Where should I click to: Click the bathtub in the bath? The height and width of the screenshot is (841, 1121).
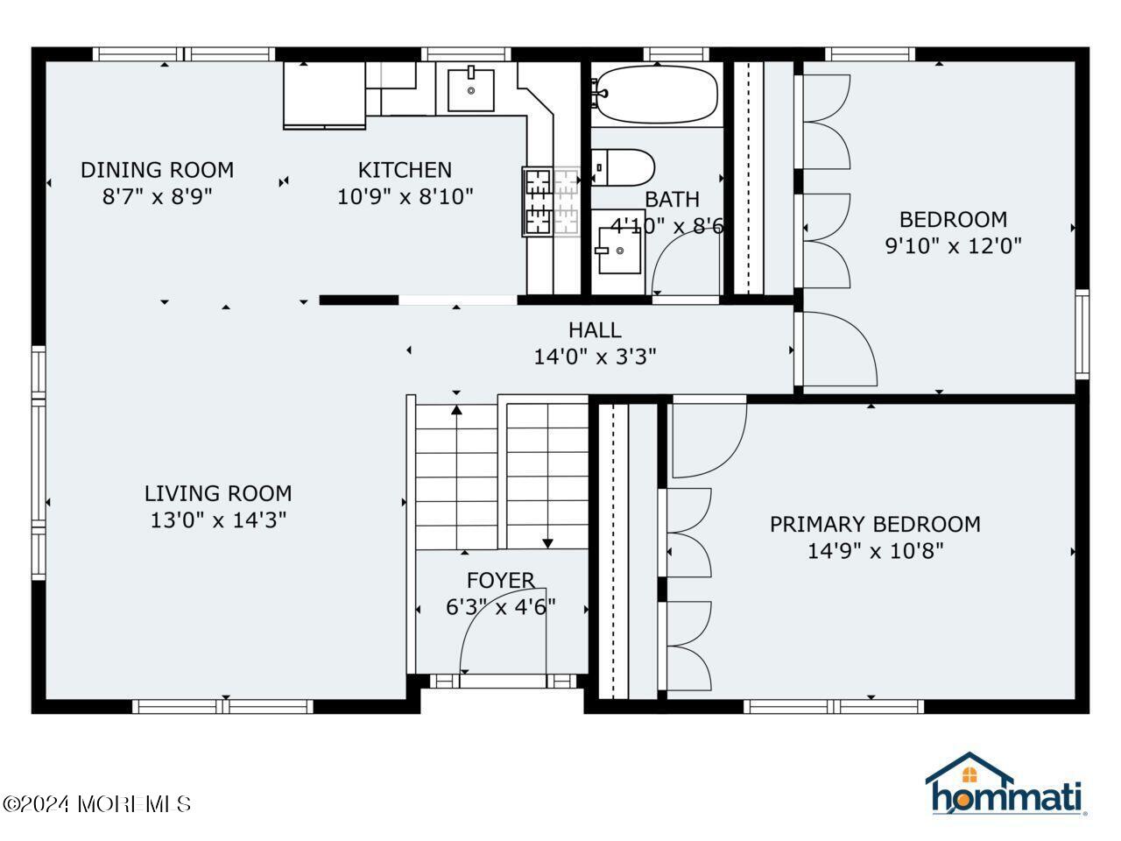(657, 95)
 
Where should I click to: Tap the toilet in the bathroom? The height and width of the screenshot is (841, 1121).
(623, 167)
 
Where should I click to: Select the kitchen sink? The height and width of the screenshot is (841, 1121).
(471, 90)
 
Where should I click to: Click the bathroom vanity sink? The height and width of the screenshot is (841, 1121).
(619, 251)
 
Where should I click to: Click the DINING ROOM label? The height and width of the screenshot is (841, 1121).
(158, 170)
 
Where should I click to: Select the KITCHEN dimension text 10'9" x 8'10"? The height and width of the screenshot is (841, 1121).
(405, 196)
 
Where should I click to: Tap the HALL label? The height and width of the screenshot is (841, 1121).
(595, 330)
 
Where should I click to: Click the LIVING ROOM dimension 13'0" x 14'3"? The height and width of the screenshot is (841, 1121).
(218, 520)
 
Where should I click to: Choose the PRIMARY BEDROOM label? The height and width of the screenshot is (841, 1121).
(875, 525)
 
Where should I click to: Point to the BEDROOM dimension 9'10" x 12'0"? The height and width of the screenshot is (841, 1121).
(953, 246)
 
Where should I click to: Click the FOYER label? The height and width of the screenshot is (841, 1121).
(500, 581)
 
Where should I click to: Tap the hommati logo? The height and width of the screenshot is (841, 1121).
(1006, 784)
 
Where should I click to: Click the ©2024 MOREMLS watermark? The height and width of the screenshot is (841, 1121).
(96, 804)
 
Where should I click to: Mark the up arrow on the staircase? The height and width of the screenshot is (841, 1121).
(456, 477)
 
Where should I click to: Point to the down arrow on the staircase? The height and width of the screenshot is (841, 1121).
(547, 476)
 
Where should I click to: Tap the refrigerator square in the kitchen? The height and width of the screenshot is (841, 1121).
(324, 95)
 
